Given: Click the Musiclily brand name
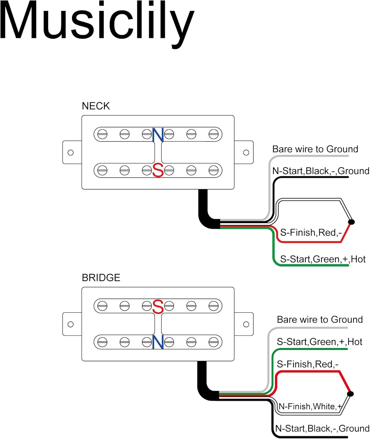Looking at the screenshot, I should [x=97, y=22].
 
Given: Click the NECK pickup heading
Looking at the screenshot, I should [x=96, y=106].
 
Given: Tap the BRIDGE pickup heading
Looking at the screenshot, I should [x=101, y=277].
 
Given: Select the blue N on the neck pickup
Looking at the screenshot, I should [x=158, y=135].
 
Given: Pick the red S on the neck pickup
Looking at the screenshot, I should [x=158, y=170].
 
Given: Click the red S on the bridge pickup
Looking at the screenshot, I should [x=158, y=307].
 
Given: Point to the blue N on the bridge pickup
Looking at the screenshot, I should [x=158, y=342].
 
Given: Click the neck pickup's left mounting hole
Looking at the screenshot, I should [x=70, y=152].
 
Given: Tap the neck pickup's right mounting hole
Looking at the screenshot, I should [x=246, y=152].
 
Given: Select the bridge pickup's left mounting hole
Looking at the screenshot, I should [x=70, y=324].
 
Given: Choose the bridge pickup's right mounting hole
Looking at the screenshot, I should [x=246, y=324].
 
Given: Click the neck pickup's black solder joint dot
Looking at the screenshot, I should [x=352, y=222].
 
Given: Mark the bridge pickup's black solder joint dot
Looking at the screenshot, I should [x=350, y=394].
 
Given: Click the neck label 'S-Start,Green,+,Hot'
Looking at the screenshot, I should [x=323, y=259].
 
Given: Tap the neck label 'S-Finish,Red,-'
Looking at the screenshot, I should [x=311, y=233].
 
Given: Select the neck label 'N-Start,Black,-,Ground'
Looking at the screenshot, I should [x=321, y=171].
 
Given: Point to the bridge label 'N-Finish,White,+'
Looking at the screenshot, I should [x=310, y=407].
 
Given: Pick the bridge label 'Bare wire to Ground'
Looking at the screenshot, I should [x=320, y=320].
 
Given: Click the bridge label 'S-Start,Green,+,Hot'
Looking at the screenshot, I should [x=319, y=342].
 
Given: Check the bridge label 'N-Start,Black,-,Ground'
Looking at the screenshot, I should [x=323, y=428].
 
